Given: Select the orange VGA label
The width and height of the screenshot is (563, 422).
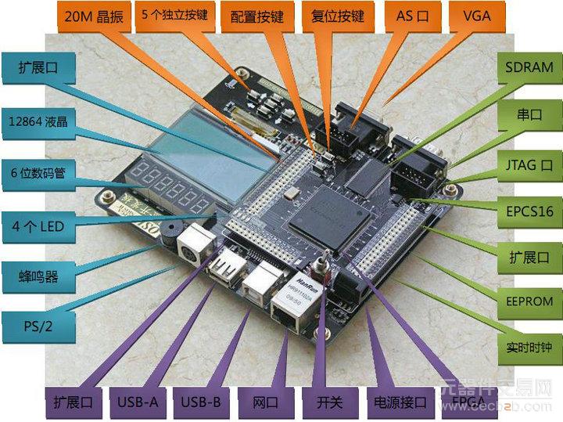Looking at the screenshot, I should click(477, 16).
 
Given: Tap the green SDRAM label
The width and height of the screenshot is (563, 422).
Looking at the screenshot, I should click(529, 67).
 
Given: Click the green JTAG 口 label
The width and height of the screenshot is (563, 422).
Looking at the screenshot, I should click(529, 165).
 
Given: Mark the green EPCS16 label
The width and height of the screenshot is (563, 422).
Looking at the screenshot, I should click(529, 211).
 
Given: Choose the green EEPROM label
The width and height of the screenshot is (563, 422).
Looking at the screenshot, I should click(529, 301).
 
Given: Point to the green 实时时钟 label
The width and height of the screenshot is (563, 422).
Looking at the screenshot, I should click(529, 346).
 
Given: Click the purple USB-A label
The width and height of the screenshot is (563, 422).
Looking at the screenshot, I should click(138, 403).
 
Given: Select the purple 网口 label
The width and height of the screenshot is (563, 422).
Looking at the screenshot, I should click(266, 403).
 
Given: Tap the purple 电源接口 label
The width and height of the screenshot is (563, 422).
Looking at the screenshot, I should click(396, 403).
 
